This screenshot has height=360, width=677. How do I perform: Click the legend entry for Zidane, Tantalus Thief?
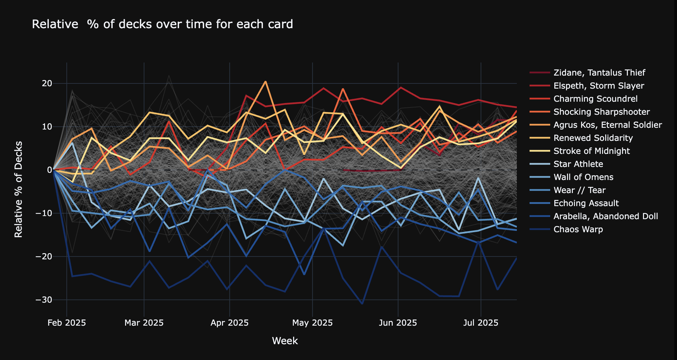pyautogui.click(x=599, y=73)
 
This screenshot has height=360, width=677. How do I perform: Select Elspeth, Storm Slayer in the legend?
pyautogui.click(x=599, y=86)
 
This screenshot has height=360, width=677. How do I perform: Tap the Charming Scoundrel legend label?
pyautogui.click(x=595, y=99)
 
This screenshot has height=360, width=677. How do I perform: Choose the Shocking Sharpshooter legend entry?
pyautogui.click(x=601, y=112)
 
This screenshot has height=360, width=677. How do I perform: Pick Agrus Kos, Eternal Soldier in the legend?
pyautogui.click(x=608, y=125)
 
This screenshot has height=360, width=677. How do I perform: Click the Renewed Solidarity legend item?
pyautogui.click(x=593, y=138)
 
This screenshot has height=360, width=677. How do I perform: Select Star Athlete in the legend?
pyautogui.click(x=578, y=164)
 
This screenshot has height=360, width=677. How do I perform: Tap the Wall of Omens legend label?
pyautogui.click(x=583, y=177)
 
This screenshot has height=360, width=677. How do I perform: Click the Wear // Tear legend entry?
pyautogui.click(x=579, y=190)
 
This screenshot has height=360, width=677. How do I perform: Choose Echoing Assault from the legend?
pyautogui.click(x=586, y=203)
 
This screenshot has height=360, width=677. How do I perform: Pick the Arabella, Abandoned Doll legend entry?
pyautogui.click(x=606, y=216)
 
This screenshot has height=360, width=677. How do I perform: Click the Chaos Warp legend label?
pyautogui.click(x=578, y=229)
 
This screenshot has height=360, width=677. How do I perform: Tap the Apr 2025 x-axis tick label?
pyautogui.click(x=229, y=323)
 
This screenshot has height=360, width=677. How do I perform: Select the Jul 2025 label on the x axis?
pyautogui.click(x=480, y=323)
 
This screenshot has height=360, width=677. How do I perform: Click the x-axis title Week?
pyautogui.click(x=285, y=341)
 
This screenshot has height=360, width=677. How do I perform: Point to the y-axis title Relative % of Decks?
pyautogui.click(x=19, y=189)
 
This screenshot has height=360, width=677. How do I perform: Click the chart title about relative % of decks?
pyautogui.click(x=162, y=24)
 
